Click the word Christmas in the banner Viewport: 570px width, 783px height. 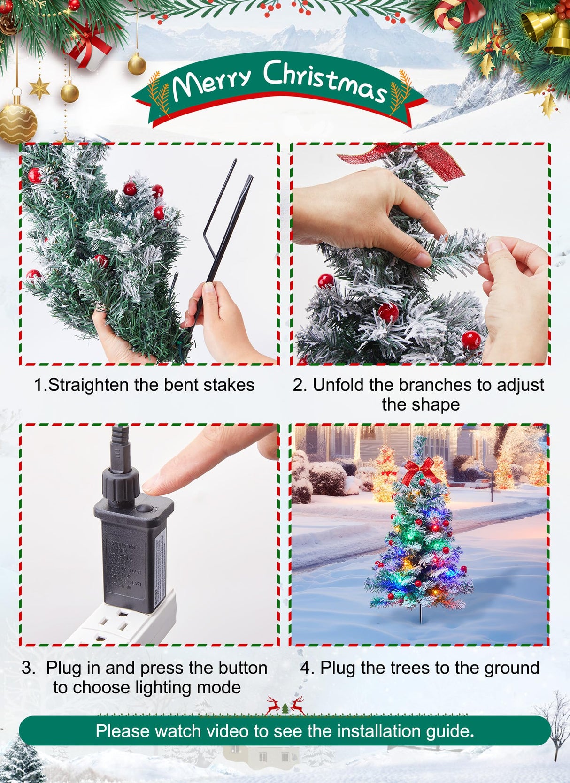pyautogui.click(x=324, y=81)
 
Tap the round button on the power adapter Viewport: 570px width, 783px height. pyautogui.click(x=145, y=509)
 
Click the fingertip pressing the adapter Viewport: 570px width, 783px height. pyautogui.click(x=153, y=486)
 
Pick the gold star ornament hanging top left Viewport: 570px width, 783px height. pyautogui.click(x=39, y=88)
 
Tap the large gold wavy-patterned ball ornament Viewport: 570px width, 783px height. pyautogui.click(x=17, y=124)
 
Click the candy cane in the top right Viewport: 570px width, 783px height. pyautogui.click(x=449, y=14)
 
